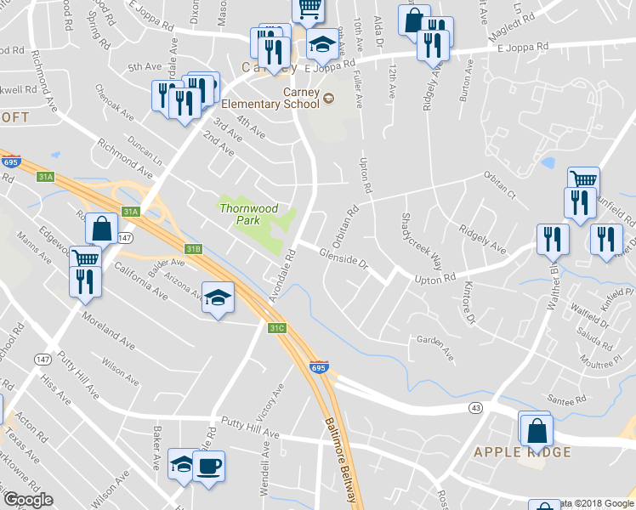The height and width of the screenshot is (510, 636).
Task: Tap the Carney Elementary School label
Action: pos(270,99)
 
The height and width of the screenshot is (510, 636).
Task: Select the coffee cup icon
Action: pos(208,466)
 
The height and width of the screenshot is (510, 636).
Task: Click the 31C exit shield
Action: pos(276,328)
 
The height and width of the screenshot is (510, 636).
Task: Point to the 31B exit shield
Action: pos(194,248)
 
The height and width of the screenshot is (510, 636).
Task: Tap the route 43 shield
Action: pos(475,408)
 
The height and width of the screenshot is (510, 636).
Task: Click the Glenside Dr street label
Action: pos(343,258)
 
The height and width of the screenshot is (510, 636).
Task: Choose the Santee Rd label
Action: pos(568,399)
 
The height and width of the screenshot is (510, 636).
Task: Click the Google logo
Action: pos(28,500)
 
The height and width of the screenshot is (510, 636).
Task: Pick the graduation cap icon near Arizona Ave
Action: pos(218,297)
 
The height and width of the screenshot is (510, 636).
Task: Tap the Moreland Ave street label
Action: pos(109,331)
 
